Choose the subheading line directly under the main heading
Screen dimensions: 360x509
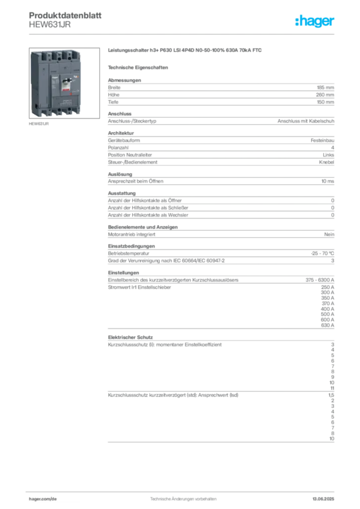(x=139, y=67)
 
